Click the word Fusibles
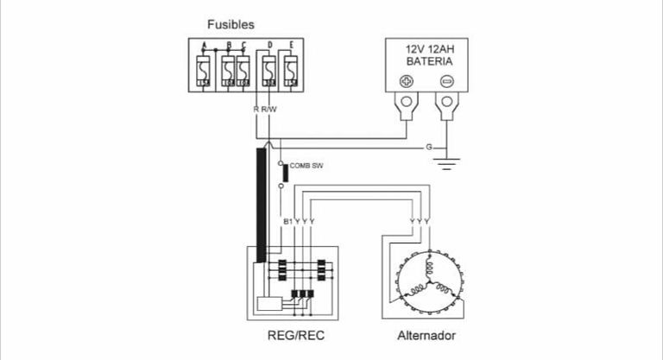230,24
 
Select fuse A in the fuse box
204,67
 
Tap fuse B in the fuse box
228,67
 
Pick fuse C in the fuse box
243,67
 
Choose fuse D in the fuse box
269,67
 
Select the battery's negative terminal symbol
446,83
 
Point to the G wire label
429,148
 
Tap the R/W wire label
269,109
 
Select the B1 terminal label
287,222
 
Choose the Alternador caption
426,335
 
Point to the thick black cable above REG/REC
262,199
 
